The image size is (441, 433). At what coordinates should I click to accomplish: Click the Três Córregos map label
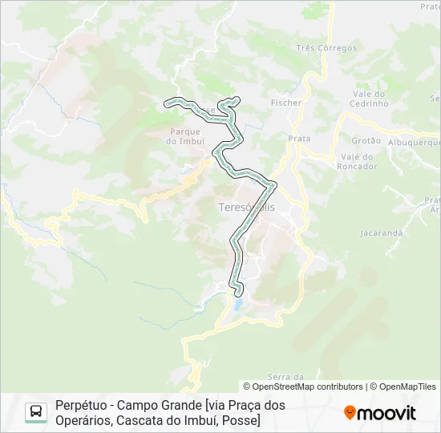(x=326, y=48)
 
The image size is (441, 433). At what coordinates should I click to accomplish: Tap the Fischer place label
(x=286, y=103)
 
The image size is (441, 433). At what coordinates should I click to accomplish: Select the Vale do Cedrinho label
(x=370, y=99)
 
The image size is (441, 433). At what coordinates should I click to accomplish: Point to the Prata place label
(x=299, y=139)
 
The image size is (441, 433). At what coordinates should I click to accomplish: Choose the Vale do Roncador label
(x=358, y=162)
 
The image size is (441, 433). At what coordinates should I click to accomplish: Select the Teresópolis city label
(x=246, y=207)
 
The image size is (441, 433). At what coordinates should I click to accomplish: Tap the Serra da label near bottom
(x=285, y=377)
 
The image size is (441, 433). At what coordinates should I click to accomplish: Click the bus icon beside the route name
(x=36, y=412)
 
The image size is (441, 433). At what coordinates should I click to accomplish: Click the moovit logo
(x=380, y=413)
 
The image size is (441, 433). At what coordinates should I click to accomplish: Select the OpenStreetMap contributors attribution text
(x=302, y=386)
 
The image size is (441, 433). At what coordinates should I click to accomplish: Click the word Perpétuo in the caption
(x=80, y=405)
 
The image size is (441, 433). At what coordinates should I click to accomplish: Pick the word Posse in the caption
(x=242, y=419)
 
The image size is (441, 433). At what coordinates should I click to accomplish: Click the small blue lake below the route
(x=237, y=305)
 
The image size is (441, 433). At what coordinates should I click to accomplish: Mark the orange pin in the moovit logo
(x=350, y=413)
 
